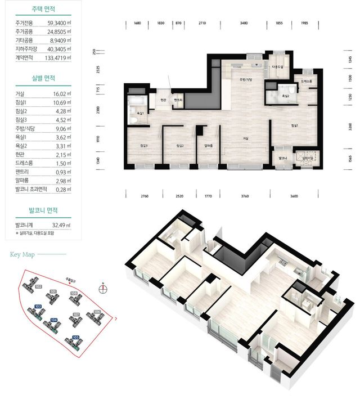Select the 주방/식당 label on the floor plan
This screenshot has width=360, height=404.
pos(246,80)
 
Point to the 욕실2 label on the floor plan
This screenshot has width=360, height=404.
pos(286,96)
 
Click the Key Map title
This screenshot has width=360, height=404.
pos(22,254)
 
